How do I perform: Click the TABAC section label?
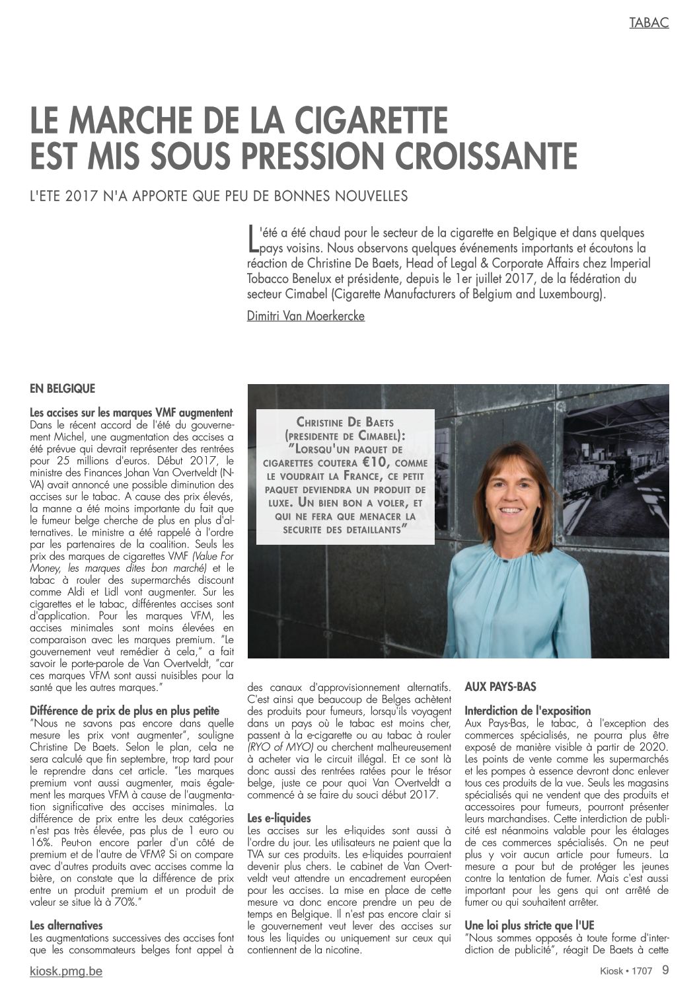649,22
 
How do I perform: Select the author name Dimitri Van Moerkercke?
305,316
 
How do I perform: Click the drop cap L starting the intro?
251,239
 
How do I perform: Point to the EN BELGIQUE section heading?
62,389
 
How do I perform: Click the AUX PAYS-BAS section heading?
500,688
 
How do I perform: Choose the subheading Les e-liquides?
279,818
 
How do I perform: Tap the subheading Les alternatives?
66,926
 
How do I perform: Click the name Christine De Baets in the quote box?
345,422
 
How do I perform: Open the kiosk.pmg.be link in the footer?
66,972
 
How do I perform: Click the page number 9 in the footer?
665,971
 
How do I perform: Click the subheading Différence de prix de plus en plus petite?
124,711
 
